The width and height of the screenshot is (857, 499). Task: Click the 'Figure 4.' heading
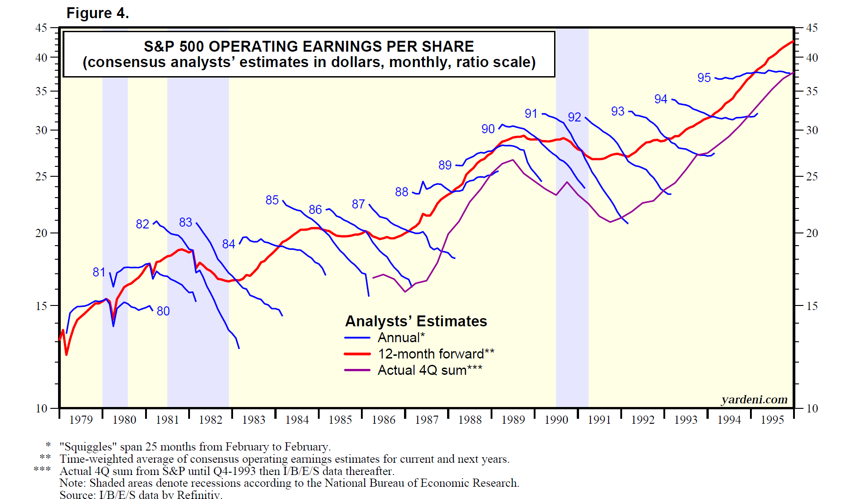97,13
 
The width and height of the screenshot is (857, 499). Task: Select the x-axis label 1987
427,420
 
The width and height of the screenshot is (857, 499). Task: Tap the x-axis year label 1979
81,420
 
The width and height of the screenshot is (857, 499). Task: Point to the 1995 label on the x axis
772,420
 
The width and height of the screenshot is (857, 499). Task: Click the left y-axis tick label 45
41,28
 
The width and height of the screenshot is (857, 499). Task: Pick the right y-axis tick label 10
812,408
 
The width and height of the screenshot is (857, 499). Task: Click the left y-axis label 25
41,176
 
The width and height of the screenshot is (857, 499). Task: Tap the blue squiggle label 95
704,78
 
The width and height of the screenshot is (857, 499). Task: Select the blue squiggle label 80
163,311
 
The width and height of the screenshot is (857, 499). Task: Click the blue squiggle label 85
272,200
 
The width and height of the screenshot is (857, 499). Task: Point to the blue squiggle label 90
488,129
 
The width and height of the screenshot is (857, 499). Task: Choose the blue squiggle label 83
185,223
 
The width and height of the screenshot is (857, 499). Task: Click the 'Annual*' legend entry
401,338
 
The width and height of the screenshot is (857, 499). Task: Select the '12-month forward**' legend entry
436,354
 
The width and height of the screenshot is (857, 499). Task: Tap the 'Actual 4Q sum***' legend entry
429,370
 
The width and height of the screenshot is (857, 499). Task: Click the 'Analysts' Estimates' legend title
416,321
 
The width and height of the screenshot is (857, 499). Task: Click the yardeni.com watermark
754,400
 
